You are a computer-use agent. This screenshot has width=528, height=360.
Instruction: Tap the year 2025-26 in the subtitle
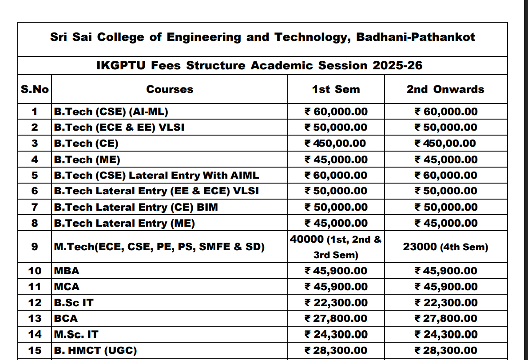[397, 66]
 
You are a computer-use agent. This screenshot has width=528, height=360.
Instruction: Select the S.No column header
[35, 89]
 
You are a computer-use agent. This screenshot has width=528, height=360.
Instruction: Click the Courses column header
[170, 89]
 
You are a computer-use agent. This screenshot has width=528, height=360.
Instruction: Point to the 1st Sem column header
[336, 89]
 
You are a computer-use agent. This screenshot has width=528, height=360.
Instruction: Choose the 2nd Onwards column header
[445, 89]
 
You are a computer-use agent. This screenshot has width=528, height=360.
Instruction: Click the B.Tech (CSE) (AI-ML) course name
[111, 112]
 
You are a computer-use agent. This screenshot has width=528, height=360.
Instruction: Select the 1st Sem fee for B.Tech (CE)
[335, 144]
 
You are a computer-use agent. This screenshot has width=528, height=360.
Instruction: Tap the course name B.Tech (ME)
[87, 160]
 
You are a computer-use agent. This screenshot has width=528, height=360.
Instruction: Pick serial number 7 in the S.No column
[35, 207]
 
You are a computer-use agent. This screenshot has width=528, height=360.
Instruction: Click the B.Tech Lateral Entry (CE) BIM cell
[136, 207]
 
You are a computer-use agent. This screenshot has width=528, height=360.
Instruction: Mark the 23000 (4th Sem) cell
[445, 247]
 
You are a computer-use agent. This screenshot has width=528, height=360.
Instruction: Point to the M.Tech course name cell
[159, 247]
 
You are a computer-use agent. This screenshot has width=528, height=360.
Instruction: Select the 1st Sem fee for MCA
[336, 287]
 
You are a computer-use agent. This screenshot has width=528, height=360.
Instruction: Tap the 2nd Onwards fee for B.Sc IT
[446, 303]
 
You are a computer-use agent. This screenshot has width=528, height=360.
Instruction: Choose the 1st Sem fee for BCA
[336, 318]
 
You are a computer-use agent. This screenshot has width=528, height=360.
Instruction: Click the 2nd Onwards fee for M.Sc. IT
[446, 334]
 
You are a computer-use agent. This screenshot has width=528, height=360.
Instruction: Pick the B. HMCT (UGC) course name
[95, 350]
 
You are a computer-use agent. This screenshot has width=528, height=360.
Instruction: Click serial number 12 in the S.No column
[35, 303]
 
